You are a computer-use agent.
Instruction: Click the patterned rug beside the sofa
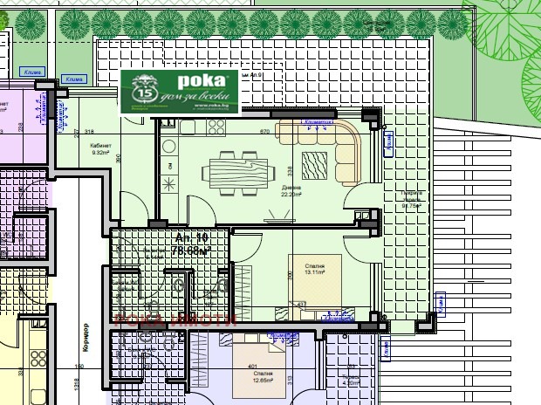coord(313,163)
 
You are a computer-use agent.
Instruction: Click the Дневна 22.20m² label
coord(291,191)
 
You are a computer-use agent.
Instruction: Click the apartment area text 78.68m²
coord(191,251)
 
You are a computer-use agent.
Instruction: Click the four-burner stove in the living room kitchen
coord(213,127)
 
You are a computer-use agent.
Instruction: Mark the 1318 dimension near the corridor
coord(77,384)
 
